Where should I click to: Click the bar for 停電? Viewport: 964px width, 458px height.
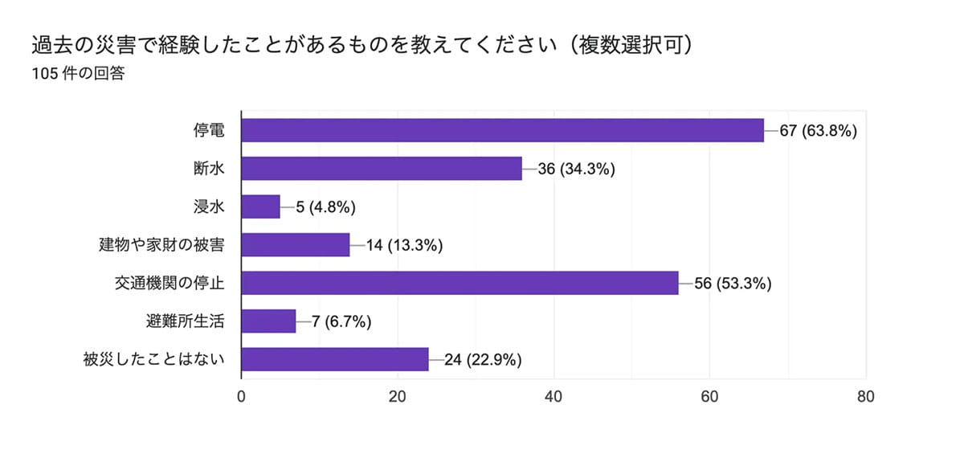pos(502,130)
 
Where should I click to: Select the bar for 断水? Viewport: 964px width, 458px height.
pos(382,169)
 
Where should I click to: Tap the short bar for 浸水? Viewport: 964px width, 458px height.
pos(261,207)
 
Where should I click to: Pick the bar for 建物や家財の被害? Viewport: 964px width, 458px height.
pos(296,245)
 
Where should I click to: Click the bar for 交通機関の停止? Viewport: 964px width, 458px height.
pos(460,283)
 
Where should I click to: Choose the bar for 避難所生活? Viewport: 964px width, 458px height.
pos(268,321)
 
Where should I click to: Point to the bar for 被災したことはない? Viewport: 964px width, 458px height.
pos(335,359)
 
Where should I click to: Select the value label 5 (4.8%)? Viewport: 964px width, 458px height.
pos(325,207)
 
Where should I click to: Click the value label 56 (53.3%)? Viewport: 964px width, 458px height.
pos(733,283)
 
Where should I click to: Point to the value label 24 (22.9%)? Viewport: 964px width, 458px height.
pos(483,359)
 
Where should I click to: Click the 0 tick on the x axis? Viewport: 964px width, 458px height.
pos(242,396)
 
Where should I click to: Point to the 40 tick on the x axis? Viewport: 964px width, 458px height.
pos(553,396)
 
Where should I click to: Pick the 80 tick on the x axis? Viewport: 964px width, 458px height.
pos(865,396)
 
